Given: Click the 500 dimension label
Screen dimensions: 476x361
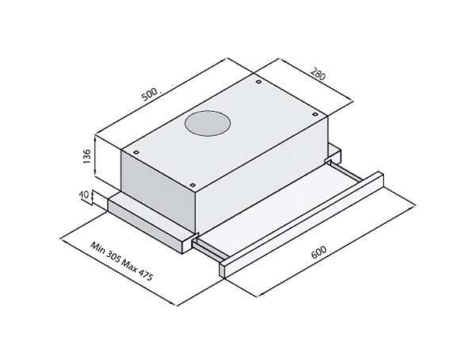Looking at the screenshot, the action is [150, 94].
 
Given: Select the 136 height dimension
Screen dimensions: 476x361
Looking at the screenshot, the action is [86, 156].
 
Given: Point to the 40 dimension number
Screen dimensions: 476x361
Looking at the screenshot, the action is [86, 194].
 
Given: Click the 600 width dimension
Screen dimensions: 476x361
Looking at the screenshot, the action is [320, 252].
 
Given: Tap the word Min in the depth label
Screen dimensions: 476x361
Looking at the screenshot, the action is [100, 248].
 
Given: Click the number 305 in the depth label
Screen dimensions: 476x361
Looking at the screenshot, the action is [114, 258].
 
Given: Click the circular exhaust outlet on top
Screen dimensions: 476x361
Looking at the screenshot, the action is [207, 125].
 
